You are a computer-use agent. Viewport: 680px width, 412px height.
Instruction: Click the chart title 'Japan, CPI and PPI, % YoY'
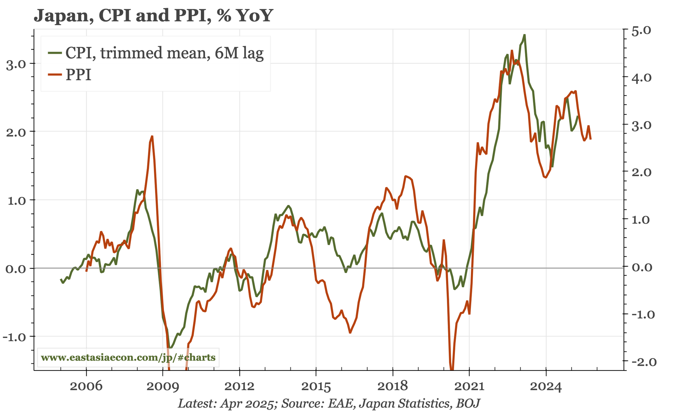[x=153, y=16]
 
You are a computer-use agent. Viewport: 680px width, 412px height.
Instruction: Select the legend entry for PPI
[x=78, y=75]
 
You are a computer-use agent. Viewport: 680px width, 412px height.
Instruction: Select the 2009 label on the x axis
[x=163, y=386]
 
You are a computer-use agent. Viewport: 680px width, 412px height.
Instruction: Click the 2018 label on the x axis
[x=392, y=386]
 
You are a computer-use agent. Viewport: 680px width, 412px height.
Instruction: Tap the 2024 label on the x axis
[x=546, y=386]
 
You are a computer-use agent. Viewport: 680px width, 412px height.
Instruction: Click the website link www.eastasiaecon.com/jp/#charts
[x=128, y=358]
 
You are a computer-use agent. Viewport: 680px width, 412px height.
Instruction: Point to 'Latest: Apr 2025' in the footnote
[x=226, y=404]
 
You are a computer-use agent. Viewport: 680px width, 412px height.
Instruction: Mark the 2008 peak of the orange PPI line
[x=152, y=136]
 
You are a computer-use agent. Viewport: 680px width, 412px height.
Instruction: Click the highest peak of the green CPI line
[x=525, y=35]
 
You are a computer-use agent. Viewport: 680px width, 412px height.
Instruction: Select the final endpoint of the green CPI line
[x=577, y=116]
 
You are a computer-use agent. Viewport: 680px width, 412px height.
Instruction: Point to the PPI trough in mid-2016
[x=350, y=333]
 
